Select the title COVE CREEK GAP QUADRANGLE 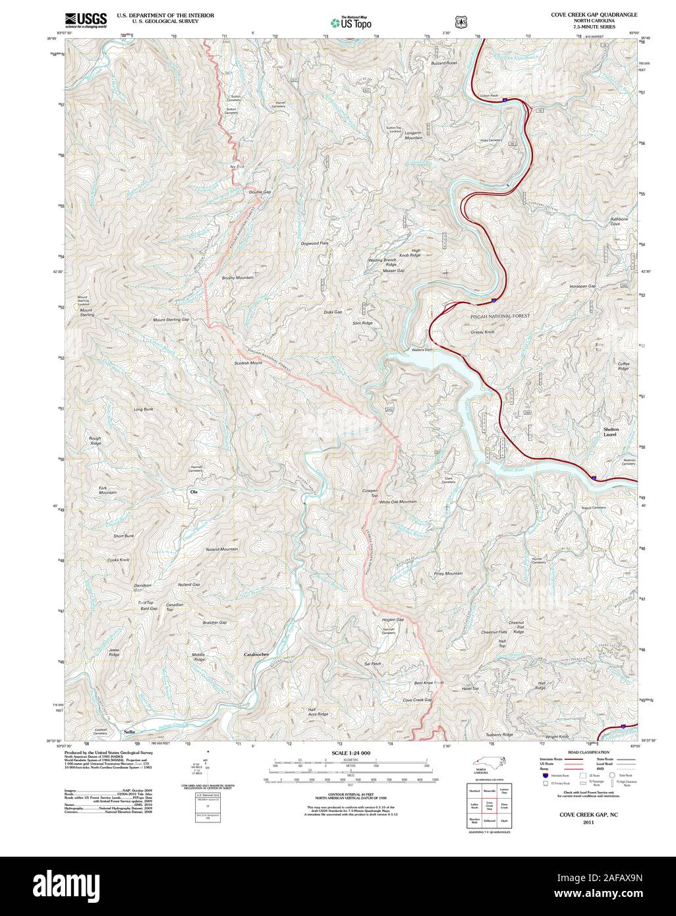tap(594, 14)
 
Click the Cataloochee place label tap(258, 654)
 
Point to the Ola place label tap(194, 492)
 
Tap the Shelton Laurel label tap(612, 432)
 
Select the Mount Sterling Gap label tap(171, 320)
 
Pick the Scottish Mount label tap(248, 363)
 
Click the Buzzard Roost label tap(443, 63)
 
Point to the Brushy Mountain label tap(238, 277)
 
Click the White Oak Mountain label tap(397, 502)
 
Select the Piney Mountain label tap(448, 573)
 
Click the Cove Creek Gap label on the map tap(416, 700)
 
